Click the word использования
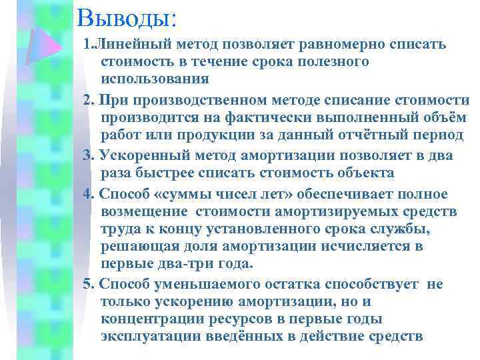tap(155, 79)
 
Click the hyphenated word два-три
tap(172, 264)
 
